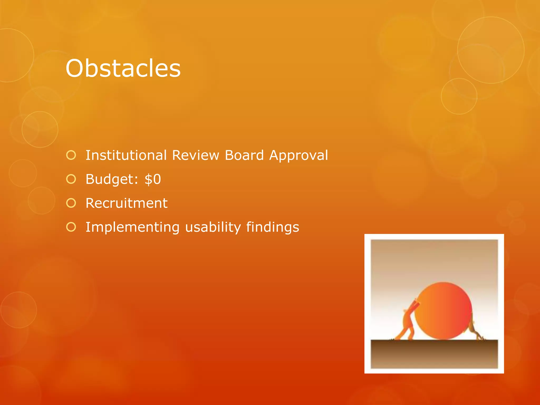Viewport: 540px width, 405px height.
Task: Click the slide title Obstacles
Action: point(123,69)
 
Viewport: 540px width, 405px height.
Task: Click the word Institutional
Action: point(126,155)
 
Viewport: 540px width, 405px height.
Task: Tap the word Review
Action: point(195,155)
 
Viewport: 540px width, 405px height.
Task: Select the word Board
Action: point(244,155)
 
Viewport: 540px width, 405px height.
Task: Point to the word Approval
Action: point(298,156)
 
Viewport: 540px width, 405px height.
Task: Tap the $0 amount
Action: point(153,179)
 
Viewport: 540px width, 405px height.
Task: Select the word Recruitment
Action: point(126,203)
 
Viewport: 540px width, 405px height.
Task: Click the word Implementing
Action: point(133,228)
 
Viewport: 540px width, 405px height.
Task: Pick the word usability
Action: point(213,227)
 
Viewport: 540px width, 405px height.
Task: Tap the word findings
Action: point(273,227)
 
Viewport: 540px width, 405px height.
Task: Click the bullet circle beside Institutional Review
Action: point(71,155)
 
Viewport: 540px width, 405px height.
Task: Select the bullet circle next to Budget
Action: point(71,179)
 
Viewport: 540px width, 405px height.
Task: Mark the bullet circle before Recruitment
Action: point(71,203)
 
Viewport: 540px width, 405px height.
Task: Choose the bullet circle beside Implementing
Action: point(71,227)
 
